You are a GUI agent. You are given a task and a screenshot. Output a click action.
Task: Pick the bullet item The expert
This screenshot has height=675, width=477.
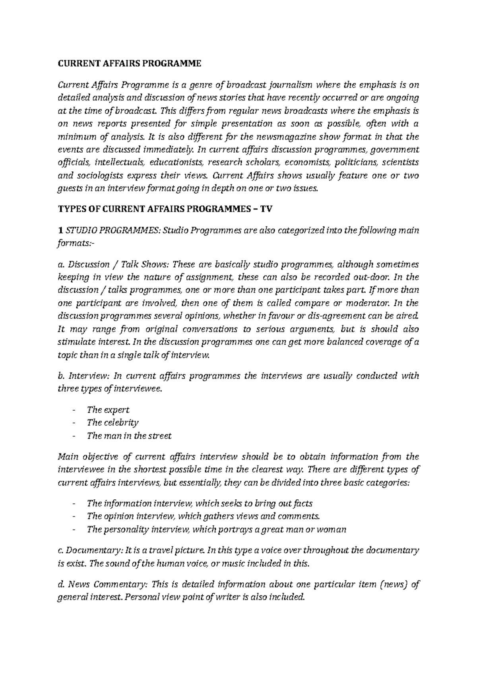108,409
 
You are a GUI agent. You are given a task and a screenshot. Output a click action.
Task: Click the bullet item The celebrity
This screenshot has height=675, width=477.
112,423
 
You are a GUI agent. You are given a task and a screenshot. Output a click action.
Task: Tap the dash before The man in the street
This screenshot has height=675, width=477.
74,436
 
